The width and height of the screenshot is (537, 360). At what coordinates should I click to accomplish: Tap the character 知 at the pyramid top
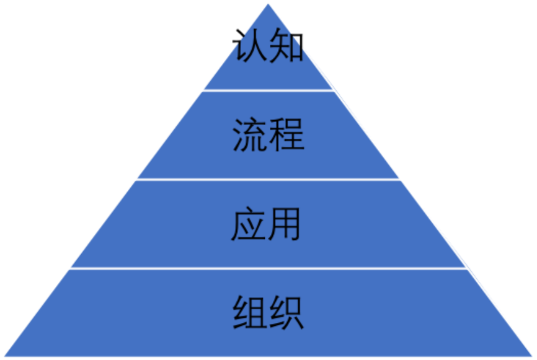click(286, 48)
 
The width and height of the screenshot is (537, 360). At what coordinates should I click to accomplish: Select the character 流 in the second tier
click(250, 134)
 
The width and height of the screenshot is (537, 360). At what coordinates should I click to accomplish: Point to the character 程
click(286, 134)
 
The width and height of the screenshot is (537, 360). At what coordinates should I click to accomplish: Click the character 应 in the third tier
click(249, 224)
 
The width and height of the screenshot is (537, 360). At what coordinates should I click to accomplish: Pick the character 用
click(285, 224)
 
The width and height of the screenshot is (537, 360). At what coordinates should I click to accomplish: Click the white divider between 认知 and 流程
click(268, 90)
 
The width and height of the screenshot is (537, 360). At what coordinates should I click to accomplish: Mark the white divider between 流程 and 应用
click(268, 179)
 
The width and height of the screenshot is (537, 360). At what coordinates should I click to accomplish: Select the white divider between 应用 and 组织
click(268, 268)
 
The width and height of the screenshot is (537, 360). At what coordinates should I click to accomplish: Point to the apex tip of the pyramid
click(268, 2)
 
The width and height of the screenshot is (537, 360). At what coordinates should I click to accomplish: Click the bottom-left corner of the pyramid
click(4, 356)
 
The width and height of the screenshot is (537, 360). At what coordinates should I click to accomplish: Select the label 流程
click(268, 134)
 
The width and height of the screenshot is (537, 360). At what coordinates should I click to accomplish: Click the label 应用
click(267, 224)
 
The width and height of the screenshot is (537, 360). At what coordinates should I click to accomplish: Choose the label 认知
click(268, 48)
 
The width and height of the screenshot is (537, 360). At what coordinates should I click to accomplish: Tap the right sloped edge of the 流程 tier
click(367, 134)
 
